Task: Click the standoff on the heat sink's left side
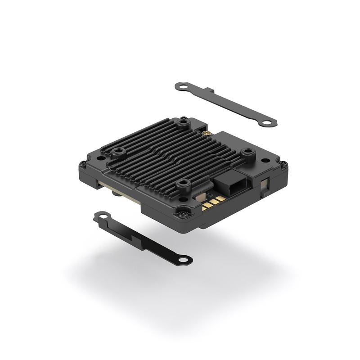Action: pos(119,151)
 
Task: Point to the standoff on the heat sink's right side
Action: pos(247,153)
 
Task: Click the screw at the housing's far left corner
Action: pos(82,164)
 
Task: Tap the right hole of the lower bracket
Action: pos(184,260)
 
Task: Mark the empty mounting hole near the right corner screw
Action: pos(266,160)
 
